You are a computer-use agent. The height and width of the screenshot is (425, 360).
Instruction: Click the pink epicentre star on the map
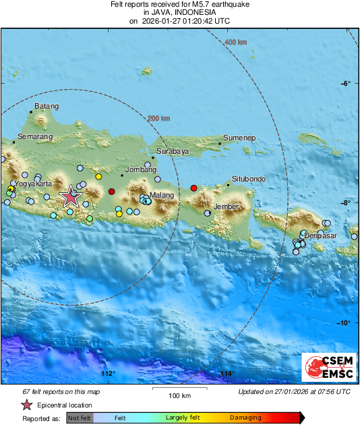(70, 197)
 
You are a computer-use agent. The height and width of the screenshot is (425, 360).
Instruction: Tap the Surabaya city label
(172, 152)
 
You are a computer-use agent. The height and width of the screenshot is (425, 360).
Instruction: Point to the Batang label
(47, 106)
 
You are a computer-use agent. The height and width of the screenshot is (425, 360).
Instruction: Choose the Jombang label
(141, 169)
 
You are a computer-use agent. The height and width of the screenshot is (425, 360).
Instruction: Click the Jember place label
(226, 206)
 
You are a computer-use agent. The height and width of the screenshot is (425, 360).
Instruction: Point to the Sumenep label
(239, 138)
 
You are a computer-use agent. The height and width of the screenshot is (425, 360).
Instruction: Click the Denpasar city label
(320, 235)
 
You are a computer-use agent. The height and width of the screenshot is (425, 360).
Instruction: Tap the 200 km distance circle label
(158, 119)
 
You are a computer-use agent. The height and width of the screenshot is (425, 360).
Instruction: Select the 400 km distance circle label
(235, 42)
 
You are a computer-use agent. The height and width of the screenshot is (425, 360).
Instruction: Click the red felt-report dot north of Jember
(194, 188)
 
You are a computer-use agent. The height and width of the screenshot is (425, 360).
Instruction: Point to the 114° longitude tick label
(227, 374)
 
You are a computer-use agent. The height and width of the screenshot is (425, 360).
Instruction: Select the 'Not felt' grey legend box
(80, 418)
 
